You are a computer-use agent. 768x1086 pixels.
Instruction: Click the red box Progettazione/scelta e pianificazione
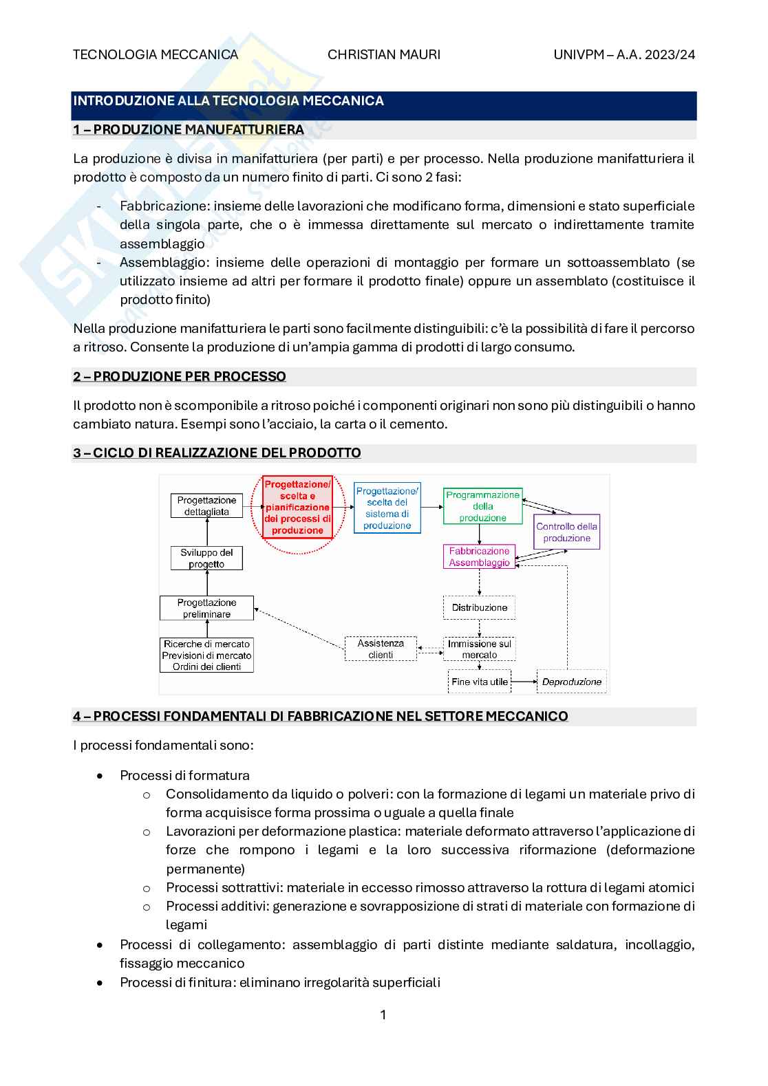tap(297, 508)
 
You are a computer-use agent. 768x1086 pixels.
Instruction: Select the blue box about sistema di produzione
tap(387, 508)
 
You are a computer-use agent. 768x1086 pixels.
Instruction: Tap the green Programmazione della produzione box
tap(482, 506)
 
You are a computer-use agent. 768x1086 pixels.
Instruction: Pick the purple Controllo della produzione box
tap(567, 532)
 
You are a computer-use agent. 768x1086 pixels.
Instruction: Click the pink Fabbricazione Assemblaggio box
tap(479, 556)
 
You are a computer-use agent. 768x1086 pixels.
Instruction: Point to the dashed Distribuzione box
tap(479, 607)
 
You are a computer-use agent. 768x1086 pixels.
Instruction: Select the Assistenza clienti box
tap(381, 649)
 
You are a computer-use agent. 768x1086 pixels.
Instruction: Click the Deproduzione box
tap(571, 682)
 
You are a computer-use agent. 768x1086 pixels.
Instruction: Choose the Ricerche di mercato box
tap(207, 655)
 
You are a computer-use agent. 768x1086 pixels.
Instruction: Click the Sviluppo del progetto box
tap(206, 558)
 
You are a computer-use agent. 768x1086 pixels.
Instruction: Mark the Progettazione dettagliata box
tap(206, 506)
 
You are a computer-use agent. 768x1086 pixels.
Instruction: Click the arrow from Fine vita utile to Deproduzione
tap(523, 682)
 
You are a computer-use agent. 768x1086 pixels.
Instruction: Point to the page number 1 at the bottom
tap(383, 1014)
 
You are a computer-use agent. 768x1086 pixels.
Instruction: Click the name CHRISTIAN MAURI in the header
tap(384, 54)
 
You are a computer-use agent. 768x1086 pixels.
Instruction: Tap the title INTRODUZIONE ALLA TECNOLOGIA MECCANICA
tap(228, 100)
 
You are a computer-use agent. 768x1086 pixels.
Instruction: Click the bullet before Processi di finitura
tap(101, 982)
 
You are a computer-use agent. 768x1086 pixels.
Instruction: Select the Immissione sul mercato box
tap(479, 649)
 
